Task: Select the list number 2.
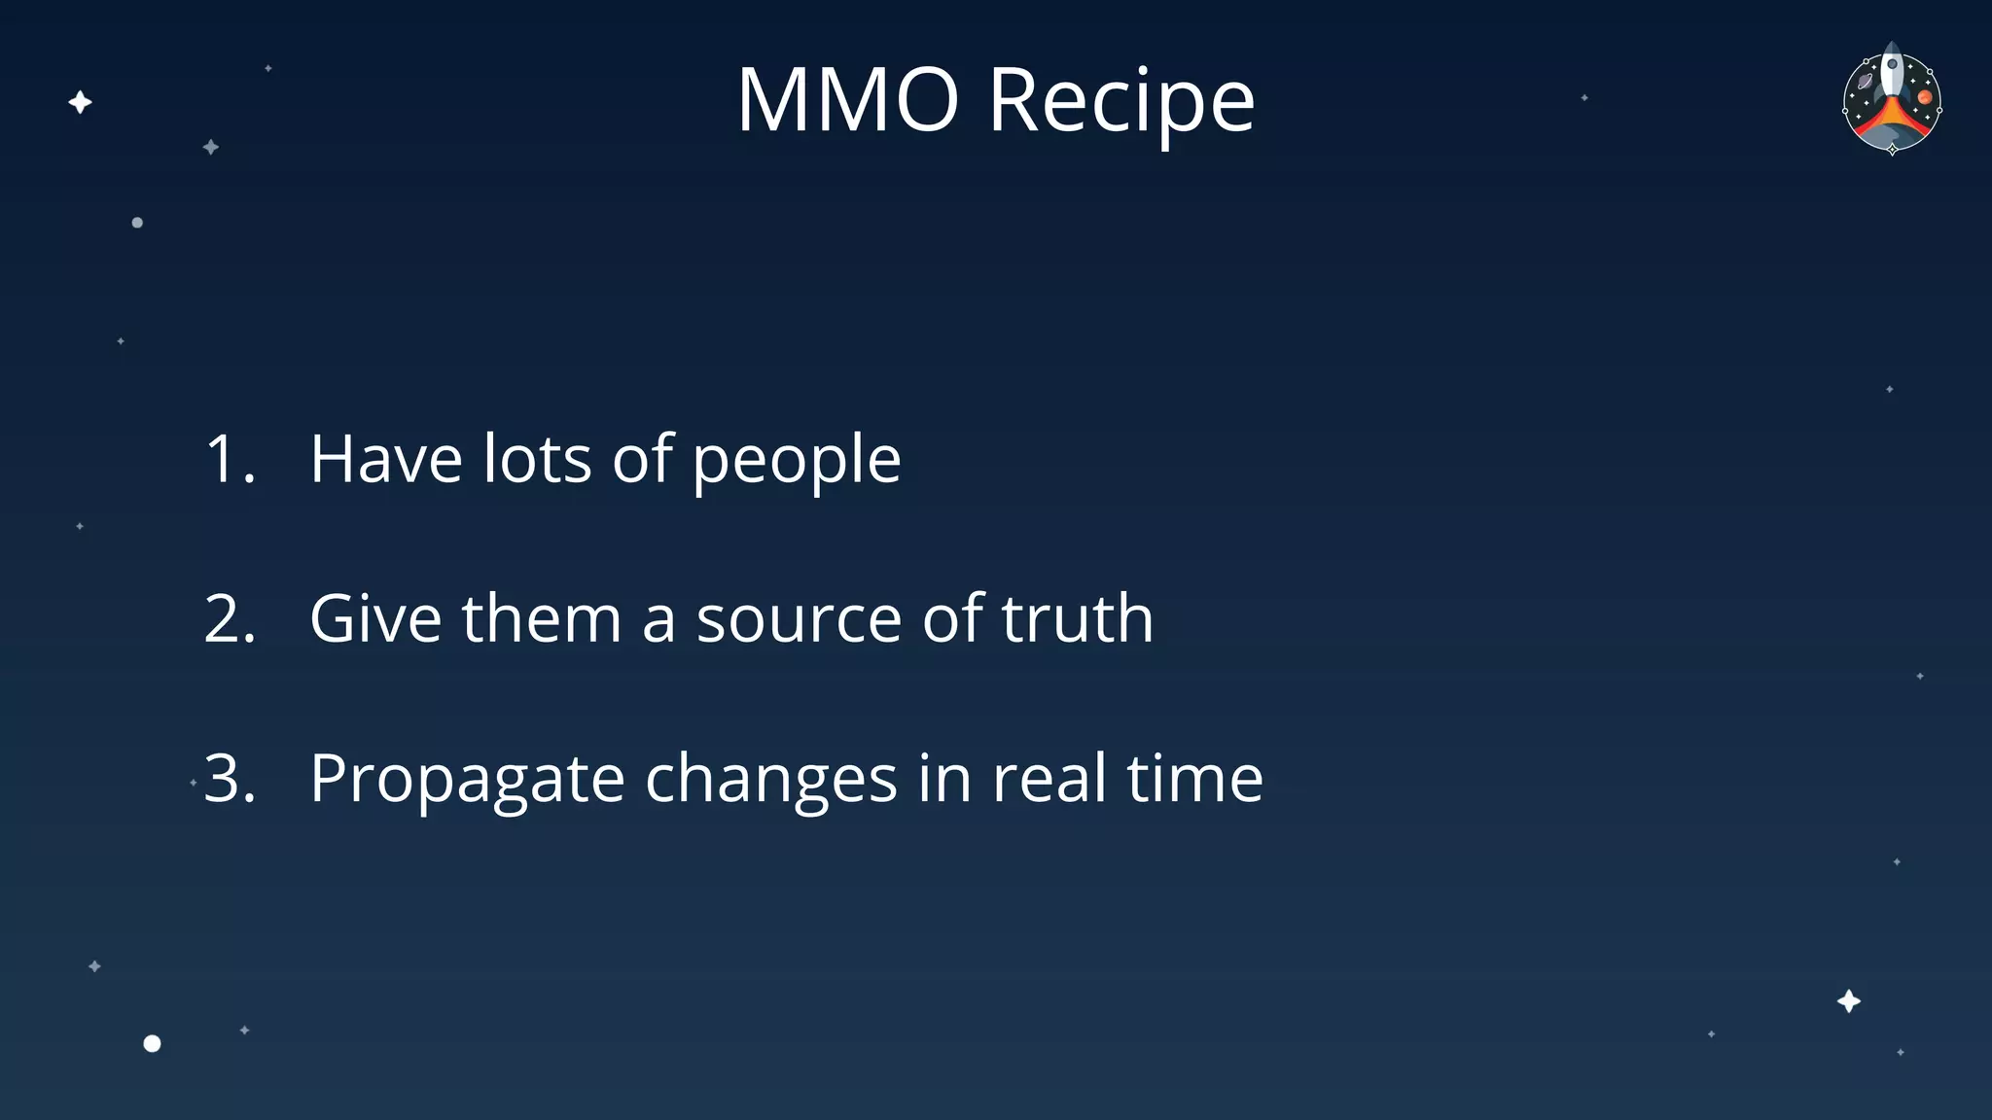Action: point(230,618)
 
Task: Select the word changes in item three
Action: point(770,780)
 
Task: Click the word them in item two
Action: point(541,618)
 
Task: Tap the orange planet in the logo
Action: point(1924,97)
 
